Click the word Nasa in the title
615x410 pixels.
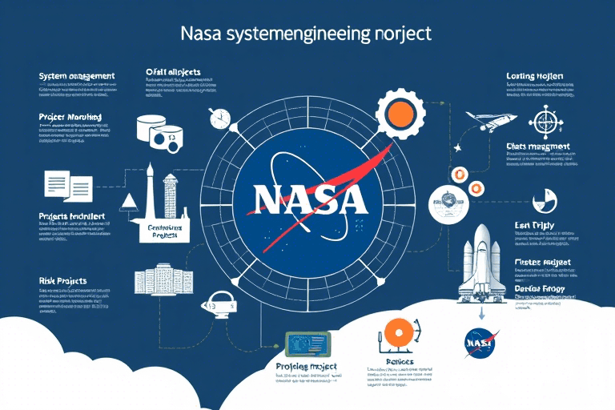click(207, 34)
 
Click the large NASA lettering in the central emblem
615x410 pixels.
click(307, 198)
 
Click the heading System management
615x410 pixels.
click(77, 76)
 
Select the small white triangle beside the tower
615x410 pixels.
click(127, 201)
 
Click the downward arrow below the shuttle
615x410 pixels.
click(480, 315)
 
